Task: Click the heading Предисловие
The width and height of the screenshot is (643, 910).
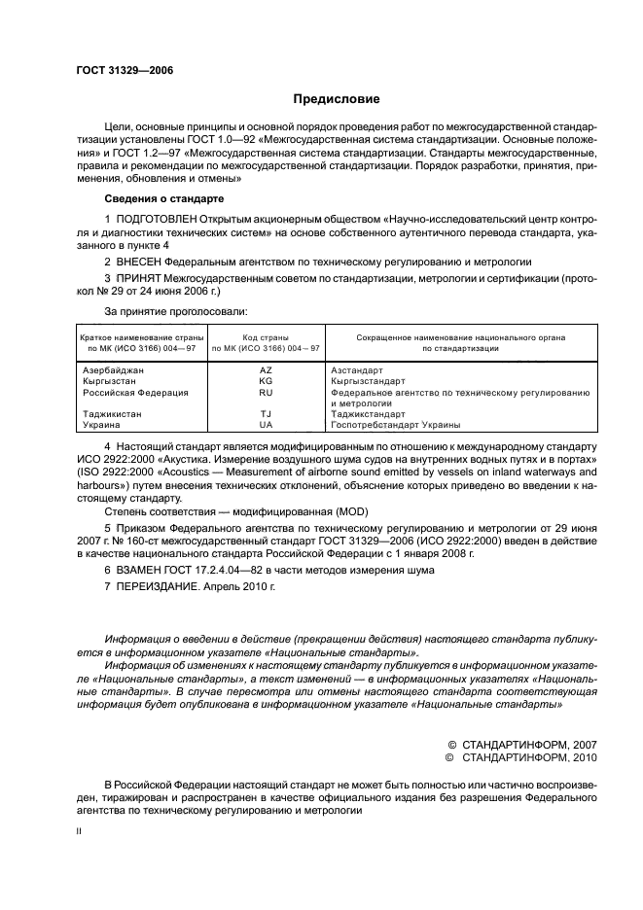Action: tap(337, 99)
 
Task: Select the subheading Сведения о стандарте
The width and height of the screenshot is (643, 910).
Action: tap(157, 196)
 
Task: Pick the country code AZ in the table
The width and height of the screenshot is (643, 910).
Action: tap(265, 370)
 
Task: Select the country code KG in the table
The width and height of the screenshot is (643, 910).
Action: tap(265, 381)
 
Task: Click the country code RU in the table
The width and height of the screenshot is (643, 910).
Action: tap(265, 393)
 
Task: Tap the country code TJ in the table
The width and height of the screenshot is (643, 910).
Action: tap(265, 414)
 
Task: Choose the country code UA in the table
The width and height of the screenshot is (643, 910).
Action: tap(265, 425)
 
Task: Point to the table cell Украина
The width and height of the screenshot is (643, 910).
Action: tap(101, 425)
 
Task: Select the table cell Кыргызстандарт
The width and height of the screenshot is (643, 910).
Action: tap(371, 381)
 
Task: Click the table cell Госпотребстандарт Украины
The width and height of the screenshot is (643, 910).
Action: tap(395, 425)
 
